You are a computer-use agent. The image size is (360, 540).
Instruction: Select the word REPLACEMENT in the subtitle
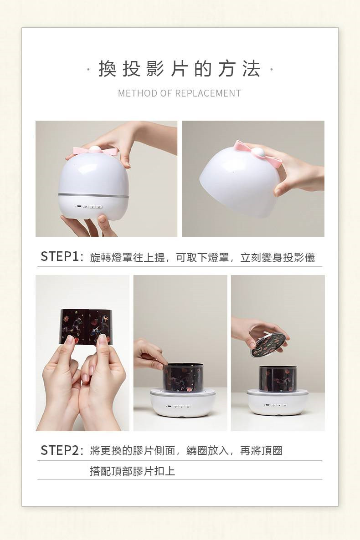pos(208,93)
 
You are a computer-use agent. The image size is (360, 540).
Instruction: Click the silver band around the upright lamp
pos(93,196)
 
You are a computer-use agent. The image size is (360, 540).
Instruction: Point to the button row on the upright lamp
pos(89,207)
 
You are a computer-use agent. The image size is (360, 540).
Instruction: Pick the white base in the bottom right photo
pos(277,403)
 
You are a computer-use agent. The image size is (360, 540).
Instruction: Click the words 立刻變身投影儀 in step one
pos(278,257)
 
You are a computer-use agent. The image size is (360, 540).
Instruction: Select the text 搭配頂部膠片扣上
pos(133,471)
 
